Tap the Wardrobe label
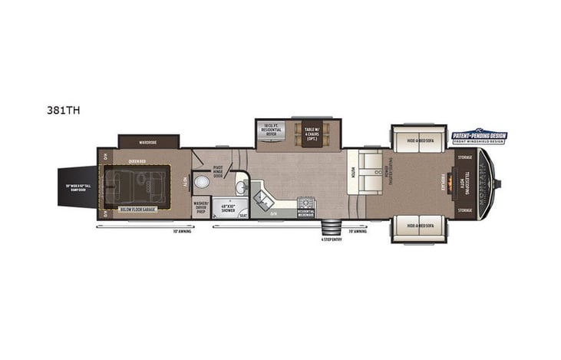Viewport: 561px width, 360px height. click(x=148, y=141)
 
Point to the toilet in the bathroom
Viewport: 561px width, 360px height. click(x=202, y=183)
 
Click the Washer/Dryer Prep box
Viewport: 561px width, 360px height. click(x=201, y=206)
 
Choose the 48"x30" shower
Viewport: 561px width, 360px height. click(x=227, y=208)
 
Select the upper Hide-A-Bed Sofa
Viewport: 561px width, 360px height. click(x=420, y=140)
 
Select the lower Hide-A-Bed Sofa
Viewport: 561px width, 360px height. click(x=420, y=227)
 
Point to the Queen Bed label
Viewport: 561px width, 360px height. click(x=137, y=161)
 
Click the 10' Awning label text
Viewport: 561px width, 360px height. click(x=182, y=231)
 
